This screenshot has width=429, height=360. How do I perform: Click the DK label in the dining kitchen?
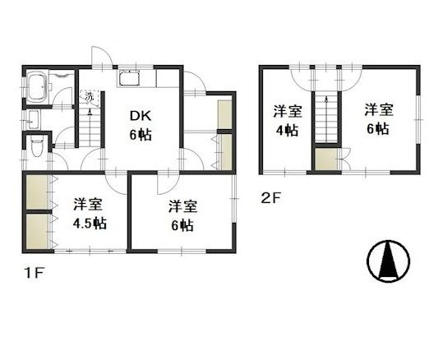tap(140, 117)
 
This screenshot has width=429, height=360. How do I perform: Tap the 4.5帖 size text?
tap(90, 224)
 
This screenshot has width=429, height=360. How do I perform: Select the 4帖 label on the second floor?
tap(287, 131)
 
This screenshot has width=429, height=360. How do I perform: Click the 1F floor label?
tap(35, 273)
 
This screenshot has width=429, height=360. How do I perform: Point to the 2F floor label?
tap(271, 198)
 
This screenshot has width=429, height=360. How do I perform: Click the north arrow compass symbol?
tap(389, 261)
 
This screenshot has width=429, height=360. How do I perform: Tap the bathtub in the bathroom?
tap(37, 85)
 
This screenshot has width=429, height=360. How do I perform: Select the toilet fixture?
tap(37, 147)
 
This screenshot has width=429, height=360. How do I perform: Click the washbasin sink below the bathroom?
tap(35, 119)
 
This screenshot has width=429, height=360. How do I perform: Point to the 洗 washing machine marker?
tap(89, 97)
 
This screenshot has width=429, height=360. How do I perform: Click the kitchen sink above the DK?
tap(129, 78)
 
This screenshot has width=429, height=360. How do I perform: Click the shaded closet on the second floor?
tap(326, 159)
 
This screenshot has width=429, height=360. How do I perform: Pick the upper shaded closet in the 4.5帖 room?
tap(37, 192)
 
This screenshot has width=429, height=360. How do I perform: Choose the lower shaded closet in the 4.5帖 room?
tap(37, 231)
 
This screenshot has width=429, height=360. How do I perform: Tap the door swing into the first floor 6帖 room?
tap(168, 184)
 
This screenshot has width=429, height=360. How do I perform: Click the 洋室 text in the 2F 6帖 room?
tap(379, 110)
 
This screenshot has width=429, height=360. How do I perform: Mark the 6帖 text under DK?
tap(141, 135)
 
